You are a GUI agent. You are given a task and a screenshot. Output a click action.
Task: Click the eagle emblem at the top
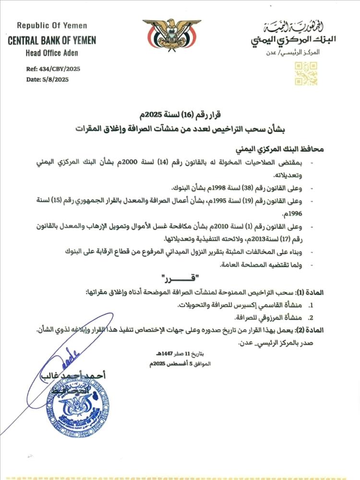coord(171,36)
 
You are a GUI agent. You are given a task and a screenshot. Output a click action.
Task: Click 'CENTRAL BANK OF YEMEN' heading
coord(52,41)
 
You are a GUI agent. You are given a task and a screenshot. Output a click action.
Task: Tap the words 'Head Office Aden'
coord(52,53)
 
